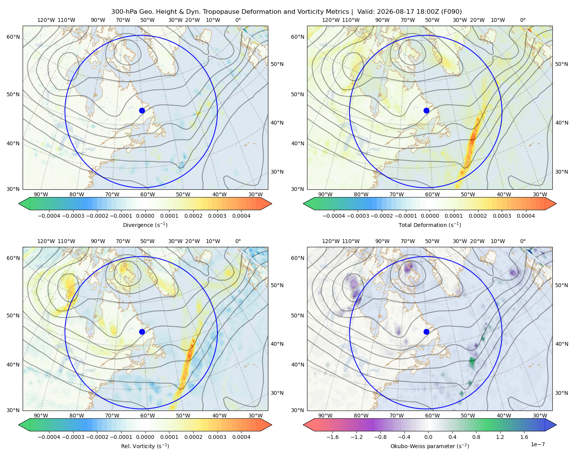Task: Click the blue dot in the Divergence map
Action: pos(142,111)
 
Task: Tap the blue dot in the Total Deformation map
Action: pos(426,111)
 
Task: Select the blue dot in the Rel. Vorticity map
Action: pos(142,332)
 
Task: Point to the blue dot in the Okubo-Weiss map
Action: pos(426,332)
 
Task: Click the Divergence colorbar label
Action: pos(145,225)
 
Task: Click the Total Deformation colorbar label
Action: pos(430,225)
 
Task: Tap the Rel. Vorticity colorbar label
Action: pos(145,446)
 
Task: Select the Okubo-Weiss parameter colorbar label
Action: pos(430,446)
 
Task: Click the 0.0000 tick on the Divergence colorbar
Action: pos(145,216)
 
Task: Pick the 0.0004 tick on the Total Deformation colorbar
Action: pos(526,216)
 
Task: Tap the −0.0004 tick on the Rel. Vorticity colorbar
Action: pos(49,437)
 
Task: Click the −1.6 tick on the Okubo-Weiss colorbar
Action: pos(332,437)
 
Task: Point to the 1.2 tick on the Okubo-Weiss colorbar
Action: pos(500,437)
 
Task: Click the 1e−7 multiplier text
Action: pos(537,444)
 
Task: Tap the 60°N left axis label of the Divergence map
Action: pos(13,37)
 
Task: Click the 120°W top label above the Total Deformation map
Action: pos(331,20)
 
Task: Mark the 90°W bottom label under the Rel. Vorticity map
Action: pos(41,416)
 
